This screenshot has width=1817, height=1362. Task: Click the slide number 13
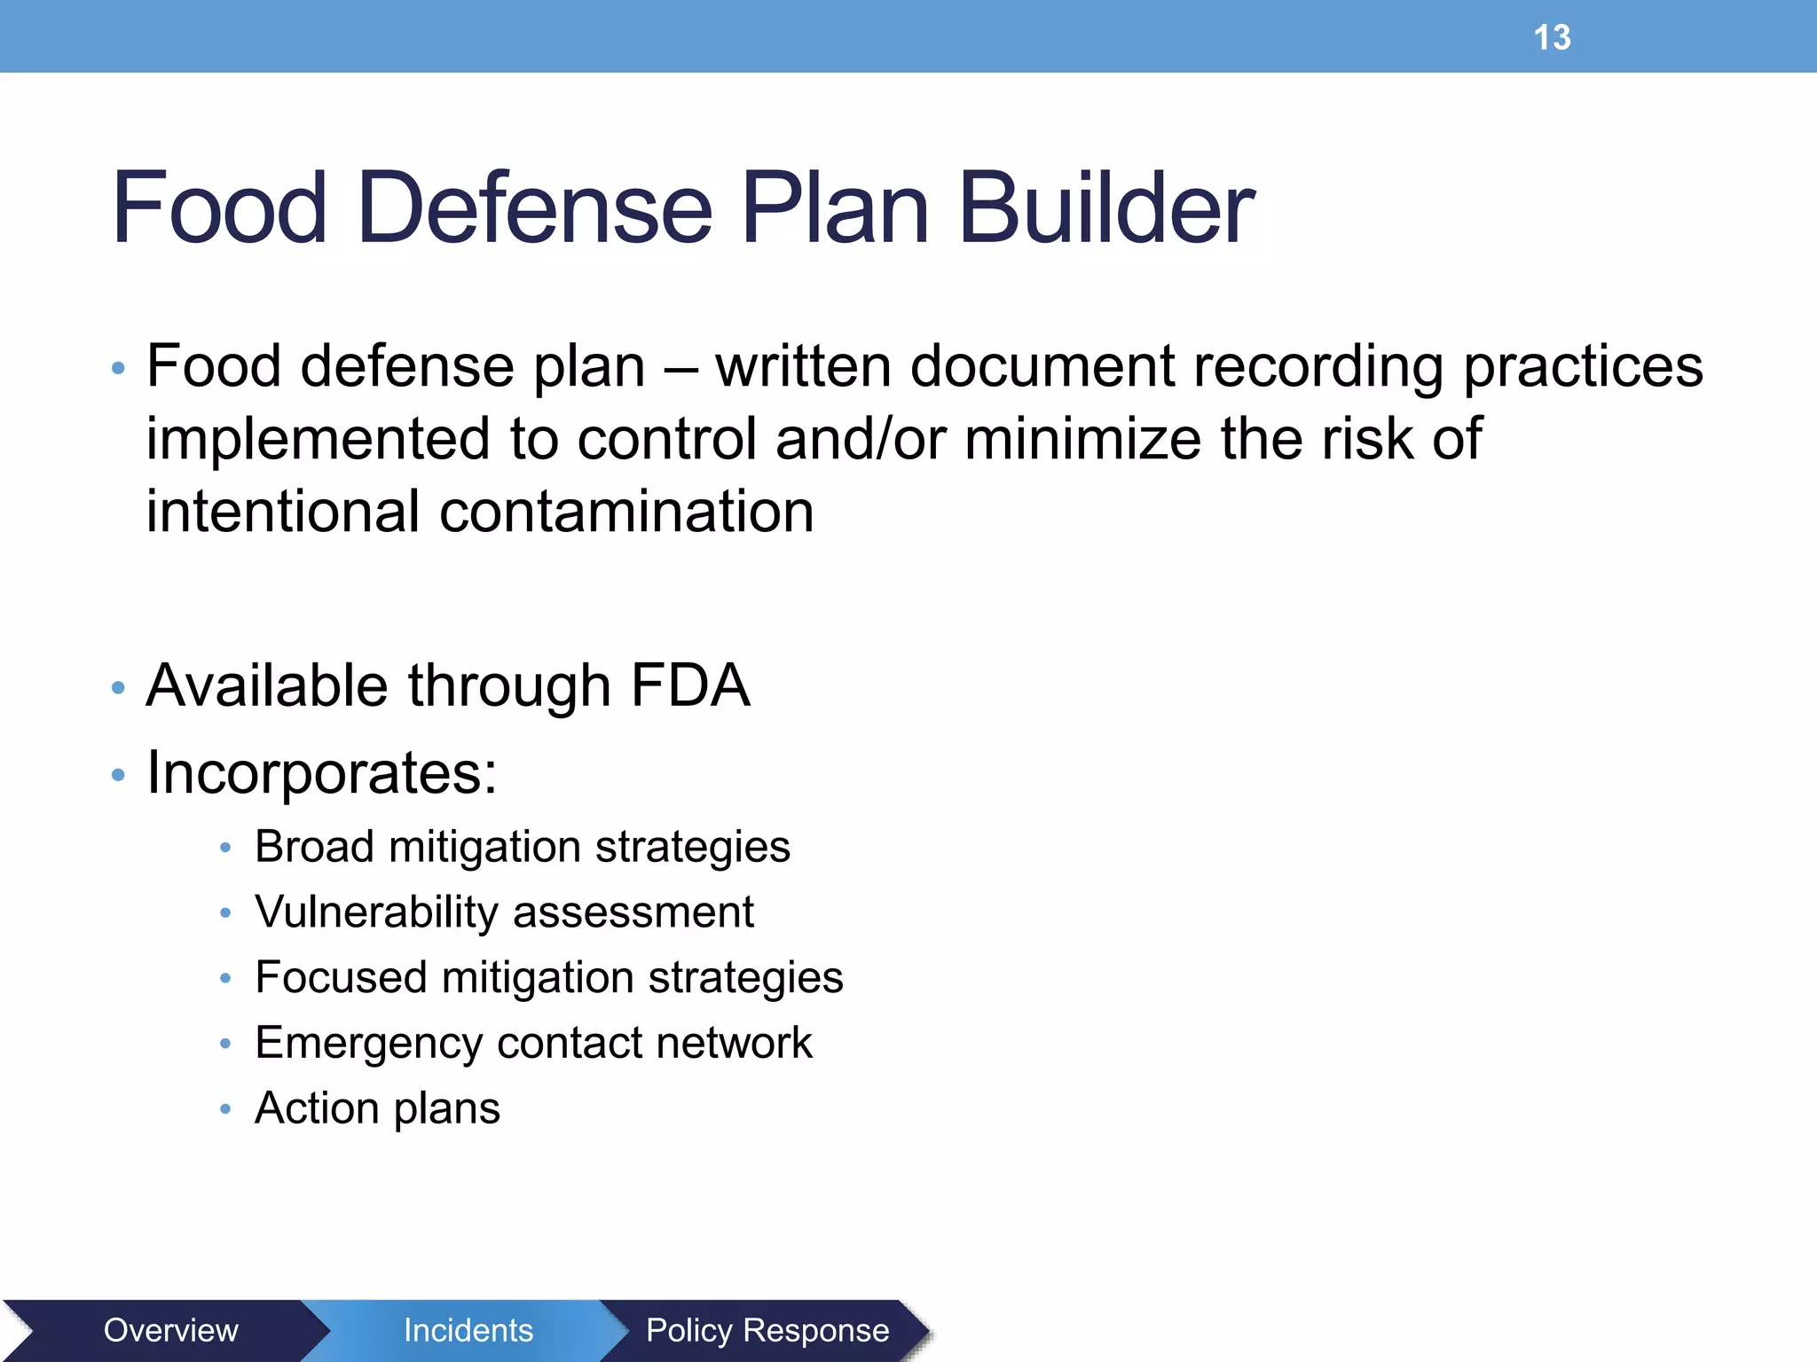point(1552,38)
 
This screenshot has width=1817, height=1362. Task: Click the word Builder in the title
point(1106,208)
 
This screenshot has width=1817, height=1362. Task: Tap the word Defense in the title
point(534,208)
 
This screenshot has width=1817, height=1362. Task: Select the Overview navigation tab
point(170,1330)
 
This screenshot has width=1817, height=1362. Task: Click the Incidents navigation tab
point(468,1330)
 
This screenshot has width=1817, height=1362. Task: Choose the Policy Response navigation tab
point(767,1330)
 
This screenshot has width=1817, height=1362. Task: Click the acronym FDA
point(690,685)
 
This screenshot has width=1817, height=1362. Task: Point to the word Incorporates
point(321,773)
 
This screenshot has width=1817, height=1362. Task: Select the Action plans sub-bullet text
point(377,1108)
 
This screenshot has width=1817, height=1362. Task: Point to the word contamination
point(626,512)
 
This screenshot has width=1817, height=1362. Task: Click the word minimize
point(1082,439)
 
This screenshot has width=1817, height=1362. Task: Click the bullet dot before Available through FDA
point(118,688)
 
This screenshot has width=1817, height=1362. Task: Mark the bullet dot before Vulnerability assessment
point(225,913)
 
